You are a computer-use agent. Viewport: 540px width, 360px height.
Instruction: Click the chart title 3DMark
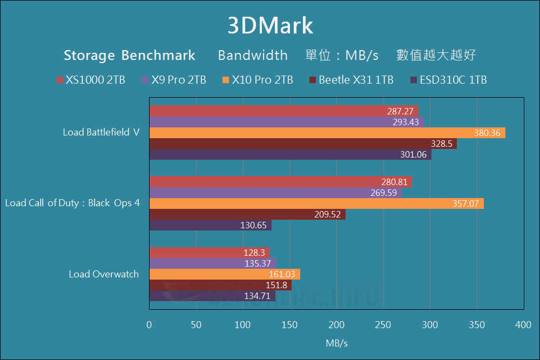[270, 25]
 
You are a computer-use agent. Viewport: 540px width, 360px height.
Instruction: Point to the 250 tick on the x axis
[383, 325]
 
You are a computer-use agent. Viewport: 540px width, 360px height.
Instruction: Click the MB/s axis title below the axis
[336, 343]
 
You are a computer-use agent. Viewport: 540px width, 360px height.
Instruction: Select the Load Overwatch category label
[104, 274]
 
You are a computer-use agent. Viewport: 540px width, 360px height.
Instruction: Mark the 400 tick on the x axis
[523, 325]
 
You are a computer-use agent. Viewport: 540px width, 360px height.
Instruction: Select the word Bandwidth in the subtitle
[253, 55]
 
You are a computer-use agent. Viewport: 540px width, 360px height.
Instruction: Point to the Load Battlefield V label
[100, 132]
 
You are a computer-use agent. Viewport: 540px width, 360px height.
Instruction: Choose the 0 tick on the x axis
[150, 325]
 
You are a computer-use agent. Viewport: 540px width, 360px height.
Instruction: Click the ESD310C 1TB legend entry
[449, 80]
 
